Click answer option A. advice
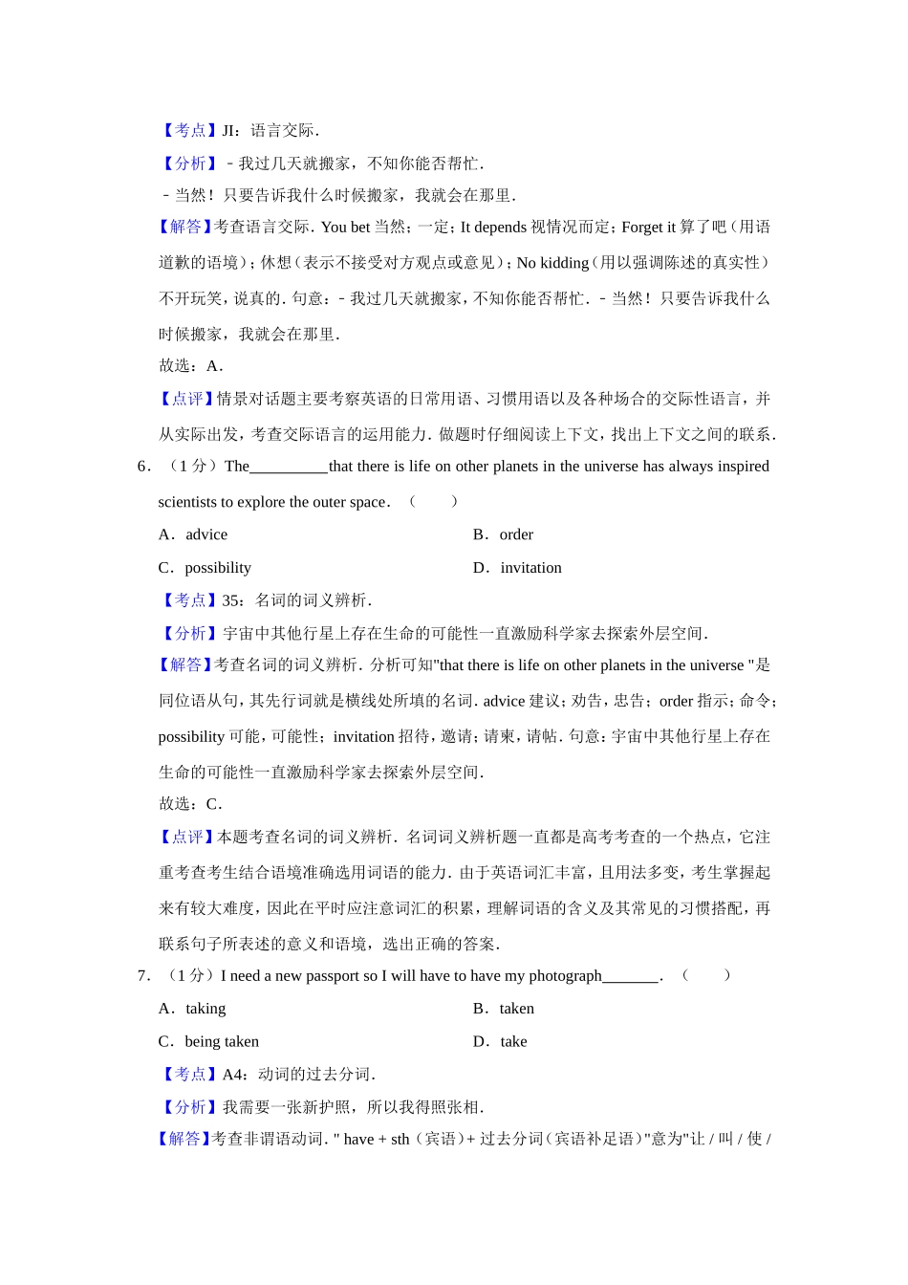coord(193,534)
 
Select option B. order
coord(504,534)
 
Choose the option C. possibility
coord(205,568)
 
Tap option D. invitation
coord(518,568)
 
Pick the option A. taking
coord(192,1009)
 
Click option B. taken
coord(504,1009)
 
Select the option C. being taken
coord(208,1042)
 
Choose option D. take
coord(501,1042)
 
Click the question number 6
coord(144,467)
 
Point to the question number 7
coord(144,976)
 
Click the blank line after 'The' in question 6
coord(289,468)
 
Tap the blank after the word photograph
coord(631,977)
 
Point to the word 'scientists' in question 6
coord(187,502)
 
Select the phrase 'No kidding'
coord(552,263)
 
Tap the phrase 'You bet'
coord(345,228)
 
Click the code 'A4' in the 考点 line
coord(233,1075)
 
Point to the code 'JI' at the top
coord(229,131)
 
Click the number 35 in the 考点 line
coord(232,600)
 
